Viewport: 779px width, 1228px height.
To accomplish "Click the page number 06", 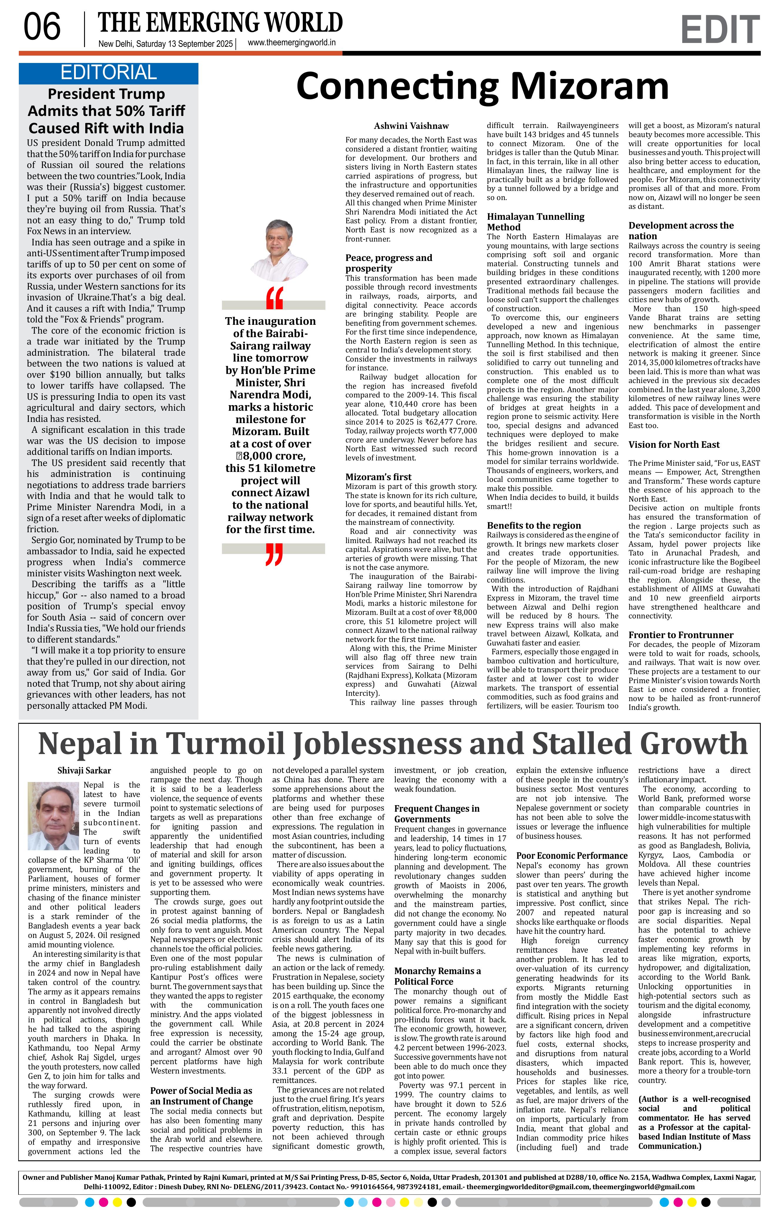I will (42, 27).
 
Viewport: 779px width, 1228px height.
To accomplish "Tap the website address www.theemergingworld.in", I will (291, 43).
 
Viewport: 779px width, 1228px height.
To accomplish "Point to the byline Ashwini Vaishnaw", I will (411, 126).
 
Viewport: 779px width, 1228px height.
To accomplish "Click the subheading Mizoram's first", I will (378, 477).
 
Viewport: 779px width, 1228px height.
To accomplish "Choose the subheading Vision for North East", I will (673, 445).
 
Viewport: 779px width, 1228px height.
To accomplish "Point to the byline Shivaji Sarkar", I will (84, 771).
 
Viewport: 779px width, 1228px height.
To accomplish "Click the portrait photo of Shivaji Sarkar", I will (54, 816).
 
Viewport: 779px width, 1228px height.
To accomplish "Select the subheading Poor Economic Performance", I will (572, 856).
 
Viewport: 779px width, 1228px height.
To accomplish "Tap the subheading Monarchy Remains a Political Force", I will (437, 976).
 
